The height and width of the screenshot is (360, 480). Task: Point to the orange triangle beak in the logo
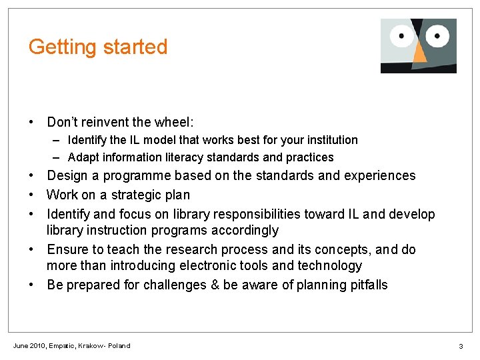coord(419,53)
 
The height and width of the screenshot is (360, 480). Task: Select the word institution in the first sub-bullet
coord(333,140)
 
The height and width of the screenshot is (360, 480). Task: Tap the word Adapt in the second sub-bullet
coord(81,157)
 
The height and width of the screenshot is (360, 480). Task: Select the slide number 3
coord(461,347)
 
